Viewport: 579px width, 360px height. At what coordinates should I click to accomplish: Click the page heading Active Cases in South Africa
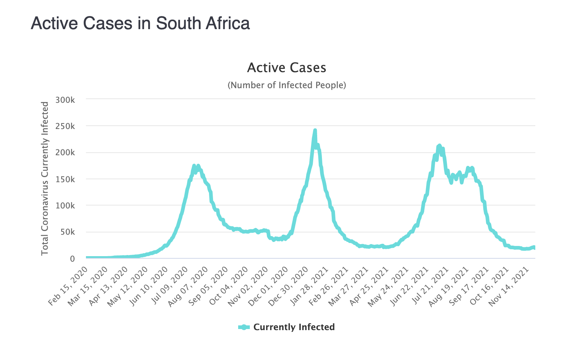[140, 23]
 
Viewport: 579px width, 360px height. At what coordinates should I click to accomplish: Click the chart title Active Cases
[287, 68]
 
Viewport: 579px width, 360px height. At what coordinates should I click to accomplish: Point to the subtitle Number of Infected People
[287, 85]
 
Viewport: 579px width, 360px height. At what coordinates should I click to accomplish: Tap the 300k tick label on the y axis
[65, 100]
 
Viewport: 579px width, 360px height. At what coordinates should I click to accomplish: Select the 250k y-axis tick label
[65, 126]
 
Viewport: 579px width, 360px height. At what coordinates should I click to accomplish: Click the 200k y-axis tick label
[65, 153]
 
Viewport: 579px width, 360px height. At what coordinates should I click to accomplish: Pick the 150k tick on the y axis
[65, 179]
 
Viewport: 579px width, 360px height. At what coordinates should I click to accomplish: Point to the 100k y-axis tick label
[65, 206]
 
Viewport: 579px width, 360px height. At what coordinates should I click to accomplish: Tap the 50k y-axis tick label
[67, 232]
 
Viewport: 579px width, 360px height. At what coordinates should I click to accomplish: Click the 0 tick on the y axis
[72, 259]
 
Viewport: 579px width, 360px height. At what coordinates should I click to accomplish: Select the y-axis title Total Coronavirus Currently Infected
[45, 179]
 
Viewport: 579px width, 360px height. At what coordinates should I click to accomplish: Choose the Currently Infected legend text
[294, 327]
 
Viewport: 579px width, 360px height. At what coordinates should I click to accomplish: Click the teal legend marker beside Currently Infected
[244, 327]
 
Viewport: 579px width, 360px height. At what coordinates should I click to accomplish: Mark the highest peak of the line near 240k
[315, 130]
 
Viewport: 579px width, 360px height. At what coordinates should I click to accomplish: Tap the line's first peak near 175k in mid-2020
[194, 166]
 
